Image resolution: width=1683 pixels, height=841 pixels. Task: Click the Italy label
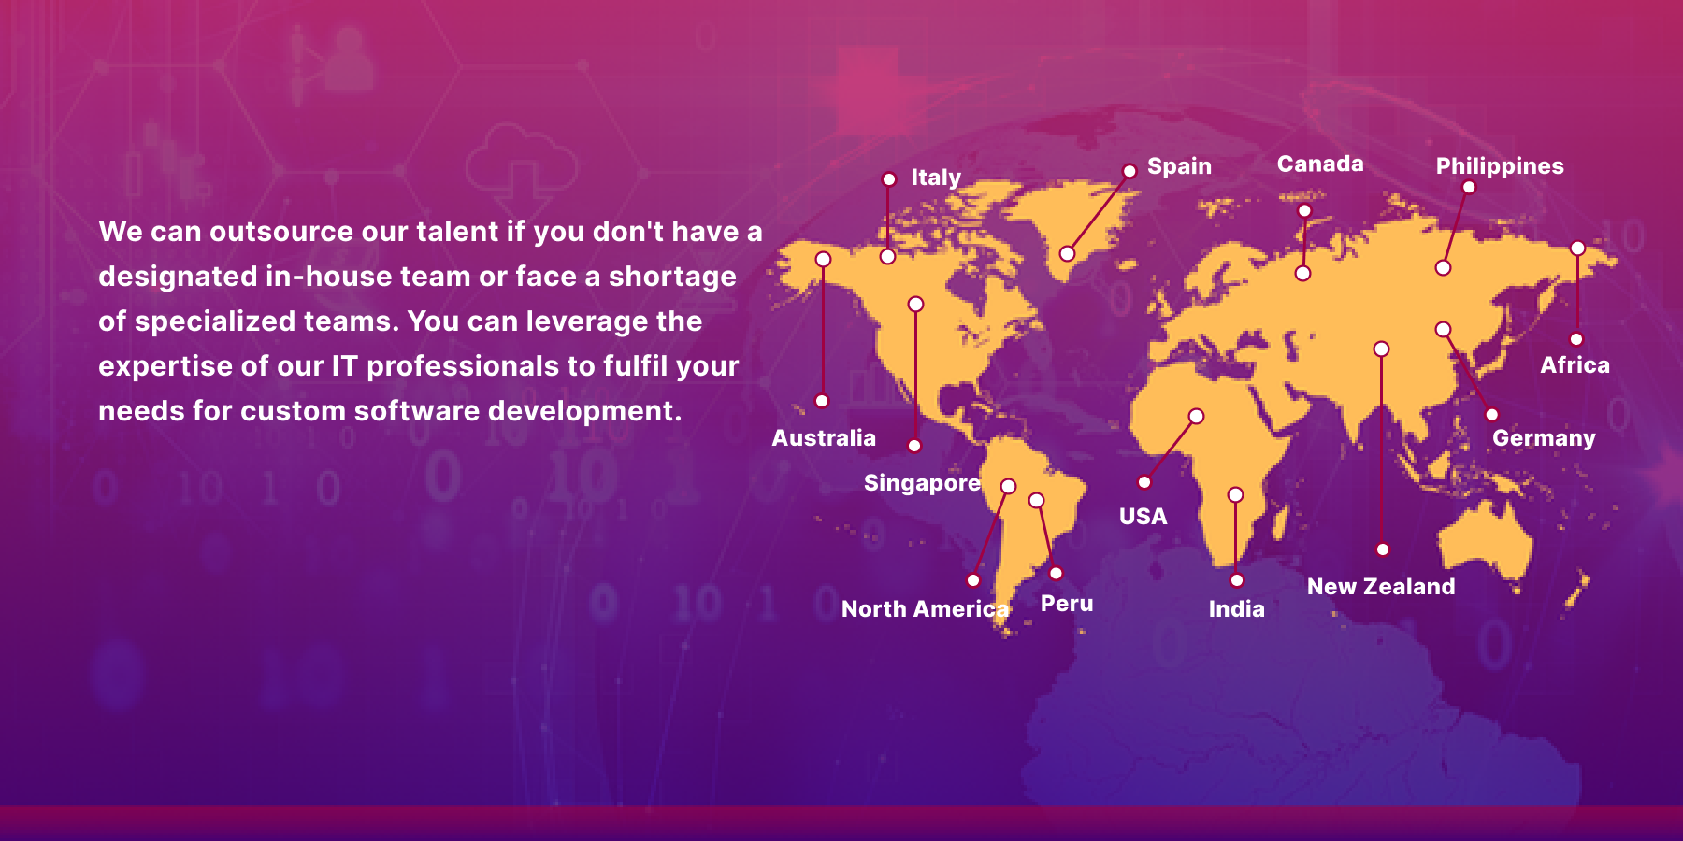pyautogui.click(x=936, y=178)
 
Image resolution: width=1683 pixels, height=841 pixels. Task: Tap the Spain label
pyautogui.click(x=1179, y=166)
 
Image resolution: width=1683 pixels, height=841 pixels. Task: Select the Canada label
pyautogui.click(x=1320, y=164)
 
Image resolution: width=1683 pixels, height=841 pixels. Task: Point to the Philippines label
pyautogui.click(x=1500, y=166)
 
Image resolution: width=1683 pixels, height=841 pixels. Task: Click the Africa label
pyautogui.click(x=1575, y=365)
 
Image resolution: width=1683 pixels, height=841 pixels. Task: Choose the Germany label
pyautogui.click(x=1544, y=438)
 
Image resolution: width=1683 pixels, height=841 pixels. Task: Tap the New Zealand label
pyautogui.click(x=1381, y=587)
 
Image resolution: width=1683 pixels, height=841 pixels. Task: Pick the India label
pyautogui.click(x=1236, y=609)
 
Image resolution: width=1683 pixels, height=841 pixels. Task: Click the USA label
pyautogui.click(x=1143, y=517)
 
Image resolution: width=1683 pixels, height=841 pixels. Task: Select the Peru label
pyautogui.click(x=1067, y=604)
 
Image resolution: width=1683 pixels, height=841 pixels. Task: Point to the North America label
pyautogui.click(x=926, y=609)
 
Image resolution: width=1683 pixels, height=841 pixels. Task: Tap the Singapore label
pyautogui.click(x=922, y=483)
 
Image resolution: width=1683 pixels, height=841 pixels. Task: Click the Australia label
pyautogui.click(x=824, y=438)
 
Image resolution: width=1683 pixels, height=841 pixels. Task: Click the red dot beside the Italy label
pyautogui.click(x=889, y=179)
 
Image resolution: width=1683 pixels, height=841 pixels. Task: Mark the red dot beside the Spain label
pyautogui.click(x=1129, y=171)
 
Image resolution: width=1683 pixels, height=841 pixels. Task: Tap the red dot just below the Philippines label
pyautogui.click(x=1469, y=188)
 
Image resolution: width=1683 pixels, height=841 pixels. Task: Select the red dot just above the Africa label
pyautogui.click(x=1576, y=339)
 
